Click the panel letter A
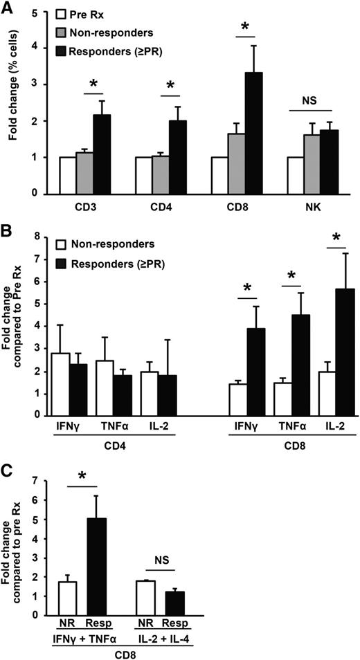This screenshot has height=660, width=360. [x=8, y=8]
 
